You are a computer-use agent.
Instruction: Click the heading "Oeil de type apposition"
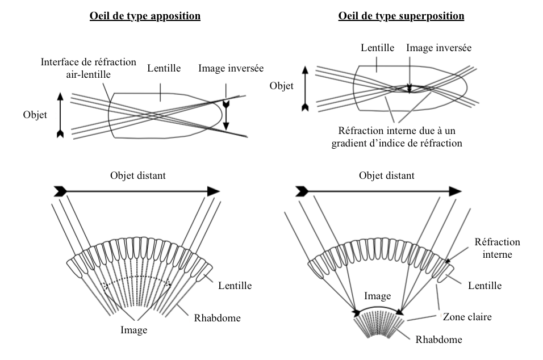click(x=145, y=16)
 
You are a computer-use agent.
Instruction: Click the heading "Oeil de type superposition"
click(x=401, y=16)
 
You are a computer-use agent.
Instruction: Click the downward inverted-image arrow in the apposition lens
click(x=226, y=116)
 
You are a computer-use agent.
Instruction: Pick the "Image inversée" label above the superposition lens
click(x=438, y=48)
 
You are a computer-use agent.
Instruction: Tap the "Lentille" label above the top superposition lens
click(x=378, y=48)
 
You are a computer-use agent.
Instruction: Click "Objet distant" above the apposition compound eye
click(x=138, y=175)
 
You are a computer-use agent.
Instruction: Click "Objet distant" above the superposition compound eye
click(x=386, y=175)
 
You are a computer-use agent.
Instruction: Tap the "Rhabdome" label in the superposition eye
click(x=438, y=340)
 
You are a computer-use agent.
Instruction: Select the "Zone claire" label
click(x=467, y=317)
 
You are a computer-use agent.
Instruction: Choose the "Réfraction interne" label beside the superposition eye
click(x=497, y=248)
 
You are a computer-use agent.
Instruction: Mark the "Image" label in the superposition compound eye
click(x=377, y=296)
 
